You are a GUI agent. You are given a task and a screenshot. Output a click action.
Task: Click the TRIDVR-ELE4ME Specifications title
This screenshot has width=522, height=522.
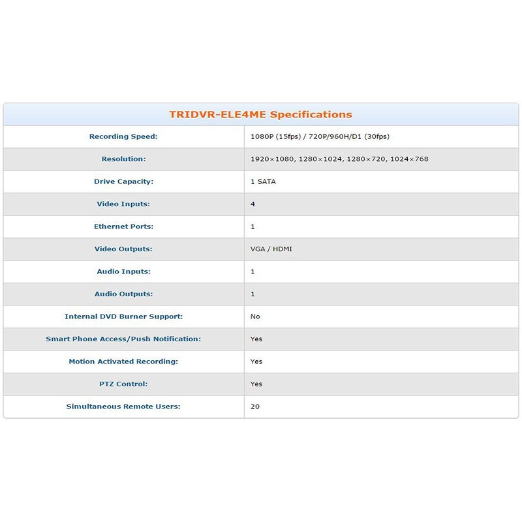click(x=260, y=114)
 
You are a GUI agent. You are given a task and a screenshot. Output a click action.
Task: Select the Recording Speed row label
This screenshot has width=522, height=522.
click(x=123, y=136)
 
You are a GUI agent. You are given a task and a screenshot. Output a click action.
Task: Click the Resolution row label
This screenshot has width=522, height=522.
click(x=123, y=159)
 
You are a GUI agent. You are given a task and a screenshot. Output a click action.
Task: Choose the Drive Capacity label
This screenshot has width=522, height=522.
click(x=123, y=181)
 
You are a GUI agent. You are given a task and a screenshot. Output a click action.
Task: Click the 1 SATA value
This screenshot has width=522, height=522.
click(x=263, y=181)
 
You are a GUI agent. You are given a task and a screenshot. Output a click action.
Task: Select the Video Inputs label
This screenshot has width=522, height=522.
click(x=123, y=204)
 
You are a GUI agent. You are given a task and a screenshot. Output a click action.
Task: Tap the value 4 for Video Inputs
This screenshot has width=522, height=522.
click(x=253, y=204)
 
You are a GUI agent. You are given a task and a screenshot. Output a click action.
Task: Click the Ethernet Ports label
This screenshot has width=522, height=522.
click(x=123, y=226)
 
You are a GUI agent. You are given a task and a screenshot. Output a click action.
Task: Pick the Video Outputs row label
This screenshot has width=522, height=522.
click(x=123, y=249)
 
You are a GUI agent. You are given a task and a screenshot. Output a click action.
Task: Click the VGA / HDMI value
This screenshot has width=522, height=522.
click(x=271, y=249)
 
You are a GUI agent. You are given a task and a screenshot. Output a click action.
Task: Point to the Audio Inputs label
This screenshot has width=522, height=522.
click(x=123, y=271)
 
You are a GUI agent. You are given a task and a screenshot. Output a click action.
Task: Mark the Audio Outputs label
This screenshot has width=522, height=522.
click(x=123, y=294)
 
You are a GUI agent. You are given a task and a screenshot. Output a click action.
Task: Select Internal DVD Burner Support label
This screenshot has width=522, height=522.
click(x=123, y=316)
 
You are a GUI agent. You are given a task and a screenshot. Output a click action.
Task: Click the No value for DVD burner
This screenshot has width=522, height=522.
click(x=255, y=316)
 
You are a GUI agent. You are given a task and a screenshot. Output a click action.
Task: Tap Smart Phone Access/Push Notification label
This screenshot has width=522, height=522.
click(x=123, y=339)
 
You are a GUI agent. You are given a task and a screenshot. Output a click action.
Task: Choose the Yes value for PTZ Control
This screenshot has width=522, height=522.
click(x=256, y=384)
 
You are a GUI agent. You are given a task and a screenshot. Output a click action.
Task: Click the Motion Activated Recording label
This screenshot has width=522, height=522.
click(x=123, y=361)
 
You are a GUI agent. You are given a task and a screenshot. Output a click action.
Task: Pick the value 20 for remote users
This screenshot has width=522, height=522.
click(x=255, y=407)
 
